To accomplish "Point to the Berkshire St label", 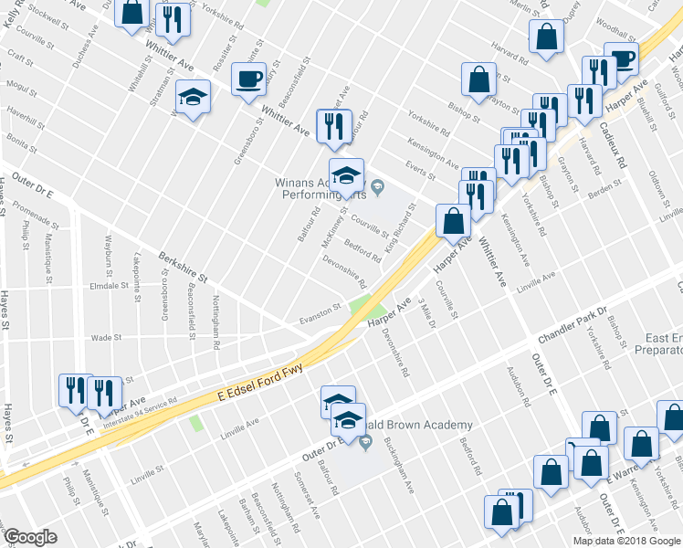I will [x=184, y=269].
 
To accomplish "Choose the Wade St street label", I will [x=106, y=337].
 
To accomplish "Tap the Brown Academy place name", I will [x=434, y=425].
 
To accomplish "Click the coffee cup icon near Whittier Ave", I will [x=248, y=79].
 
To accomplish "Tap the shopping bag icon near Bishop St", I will [x=479, y=80].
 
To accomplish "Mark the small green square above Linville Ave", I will [x=195, y=423].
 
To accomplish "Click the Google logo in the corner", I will [x=30, y=536].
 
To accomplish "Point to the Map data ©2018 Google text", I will [x=625, y=540].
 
